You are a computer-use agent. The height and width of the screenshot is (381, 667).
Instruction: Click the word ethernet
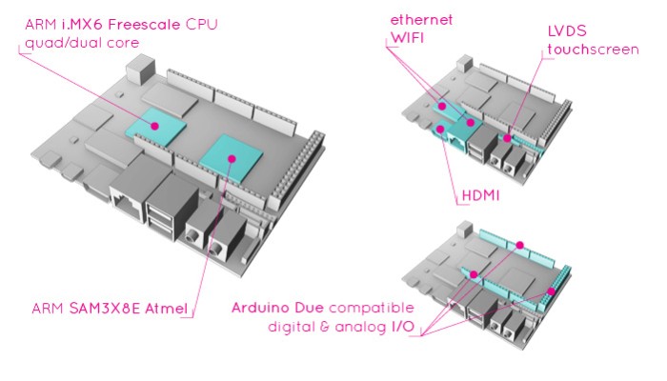[x=420, y=20]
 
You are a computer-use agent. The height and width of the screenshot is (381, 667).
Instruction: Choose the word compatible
[x=365, y=309]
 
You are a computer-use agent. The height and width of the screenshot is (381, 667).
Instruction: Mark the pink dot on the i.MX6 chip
[x=156, y=121]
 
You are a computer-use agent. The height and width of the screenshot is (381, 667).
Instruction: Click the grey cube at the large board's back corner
[x=142, y=67]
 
